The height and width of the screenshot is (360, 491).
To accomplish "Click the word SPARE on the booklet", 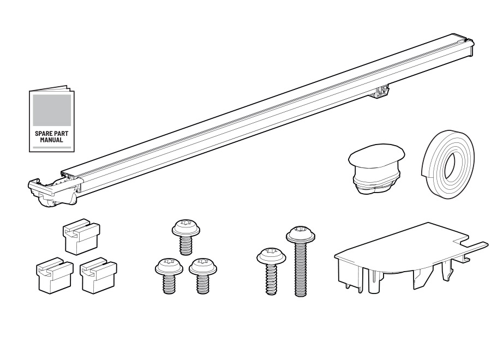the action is pyautogui.click(x=43, y=133).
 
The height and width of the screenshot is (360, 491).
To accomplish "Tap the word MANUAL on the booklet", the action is pyautogui.click(x=51, y=140).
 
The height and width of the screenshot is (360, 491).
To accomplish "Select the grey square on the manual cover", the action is pyautogui.click(x=52, y=110).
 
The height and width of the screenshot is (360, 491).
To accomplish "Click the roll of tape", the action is pyautogui.click(x=448, y=164).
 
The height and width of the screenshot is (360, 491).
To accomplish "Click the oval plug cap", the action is pyautogui.click(x=376, y=169).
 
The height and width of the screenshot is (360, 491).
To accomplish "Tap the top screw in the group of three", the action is pyautogui.click(x=186, y=237).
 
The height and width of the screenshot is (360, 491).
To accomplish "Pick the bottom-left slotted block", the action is pyautogui.click(x=55, y=276).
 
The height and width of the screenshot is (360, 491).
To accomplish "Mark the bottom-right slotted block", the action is pyautogui.click(x=98, y=276).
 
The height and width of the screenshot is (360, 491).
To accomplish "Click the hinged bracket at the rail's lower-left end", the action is pyautogui.click(x=55, y=191).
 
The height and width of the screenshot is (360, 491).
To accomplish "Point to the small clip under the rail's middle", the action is pyautogui.click(x=382, y=92).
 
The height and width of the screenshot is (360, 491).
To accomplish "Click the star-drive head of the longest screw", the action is pyautogui.click(x=301, y=232).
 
